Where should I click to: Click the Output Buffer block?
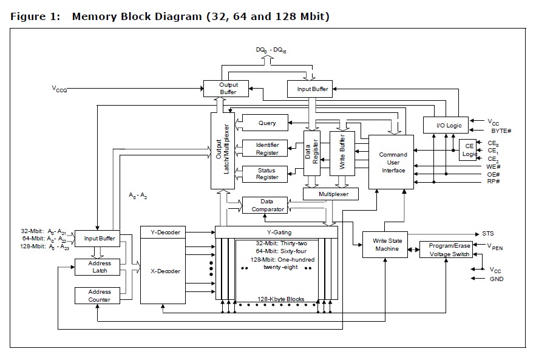[x=228, y=89]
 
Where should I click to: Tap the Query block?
[x=267, y=123]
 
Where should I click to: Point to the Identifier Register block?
[x=267, y=149]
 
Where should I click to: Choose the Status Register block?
[x=267, y=174]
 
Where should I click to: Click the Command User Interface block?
[x=393, y=163]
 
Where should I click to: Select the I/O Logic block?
[x=449, y=126]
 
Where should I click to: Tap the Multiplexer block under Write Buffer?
[x=330, y=194]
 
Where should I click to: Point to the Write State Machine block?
[x=386, y=245]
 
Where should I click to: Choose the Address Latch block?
[x=100, y=267]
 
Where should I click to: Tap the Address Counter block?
[x=100, y=296]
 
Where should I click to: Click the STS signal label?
[x=488, y=234]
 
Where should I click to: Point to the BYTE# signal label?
[x=500, y=131]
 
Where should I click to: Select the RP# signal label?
[x=494, y=180]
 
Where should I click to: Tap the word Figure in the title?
[x=28, y=16]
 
